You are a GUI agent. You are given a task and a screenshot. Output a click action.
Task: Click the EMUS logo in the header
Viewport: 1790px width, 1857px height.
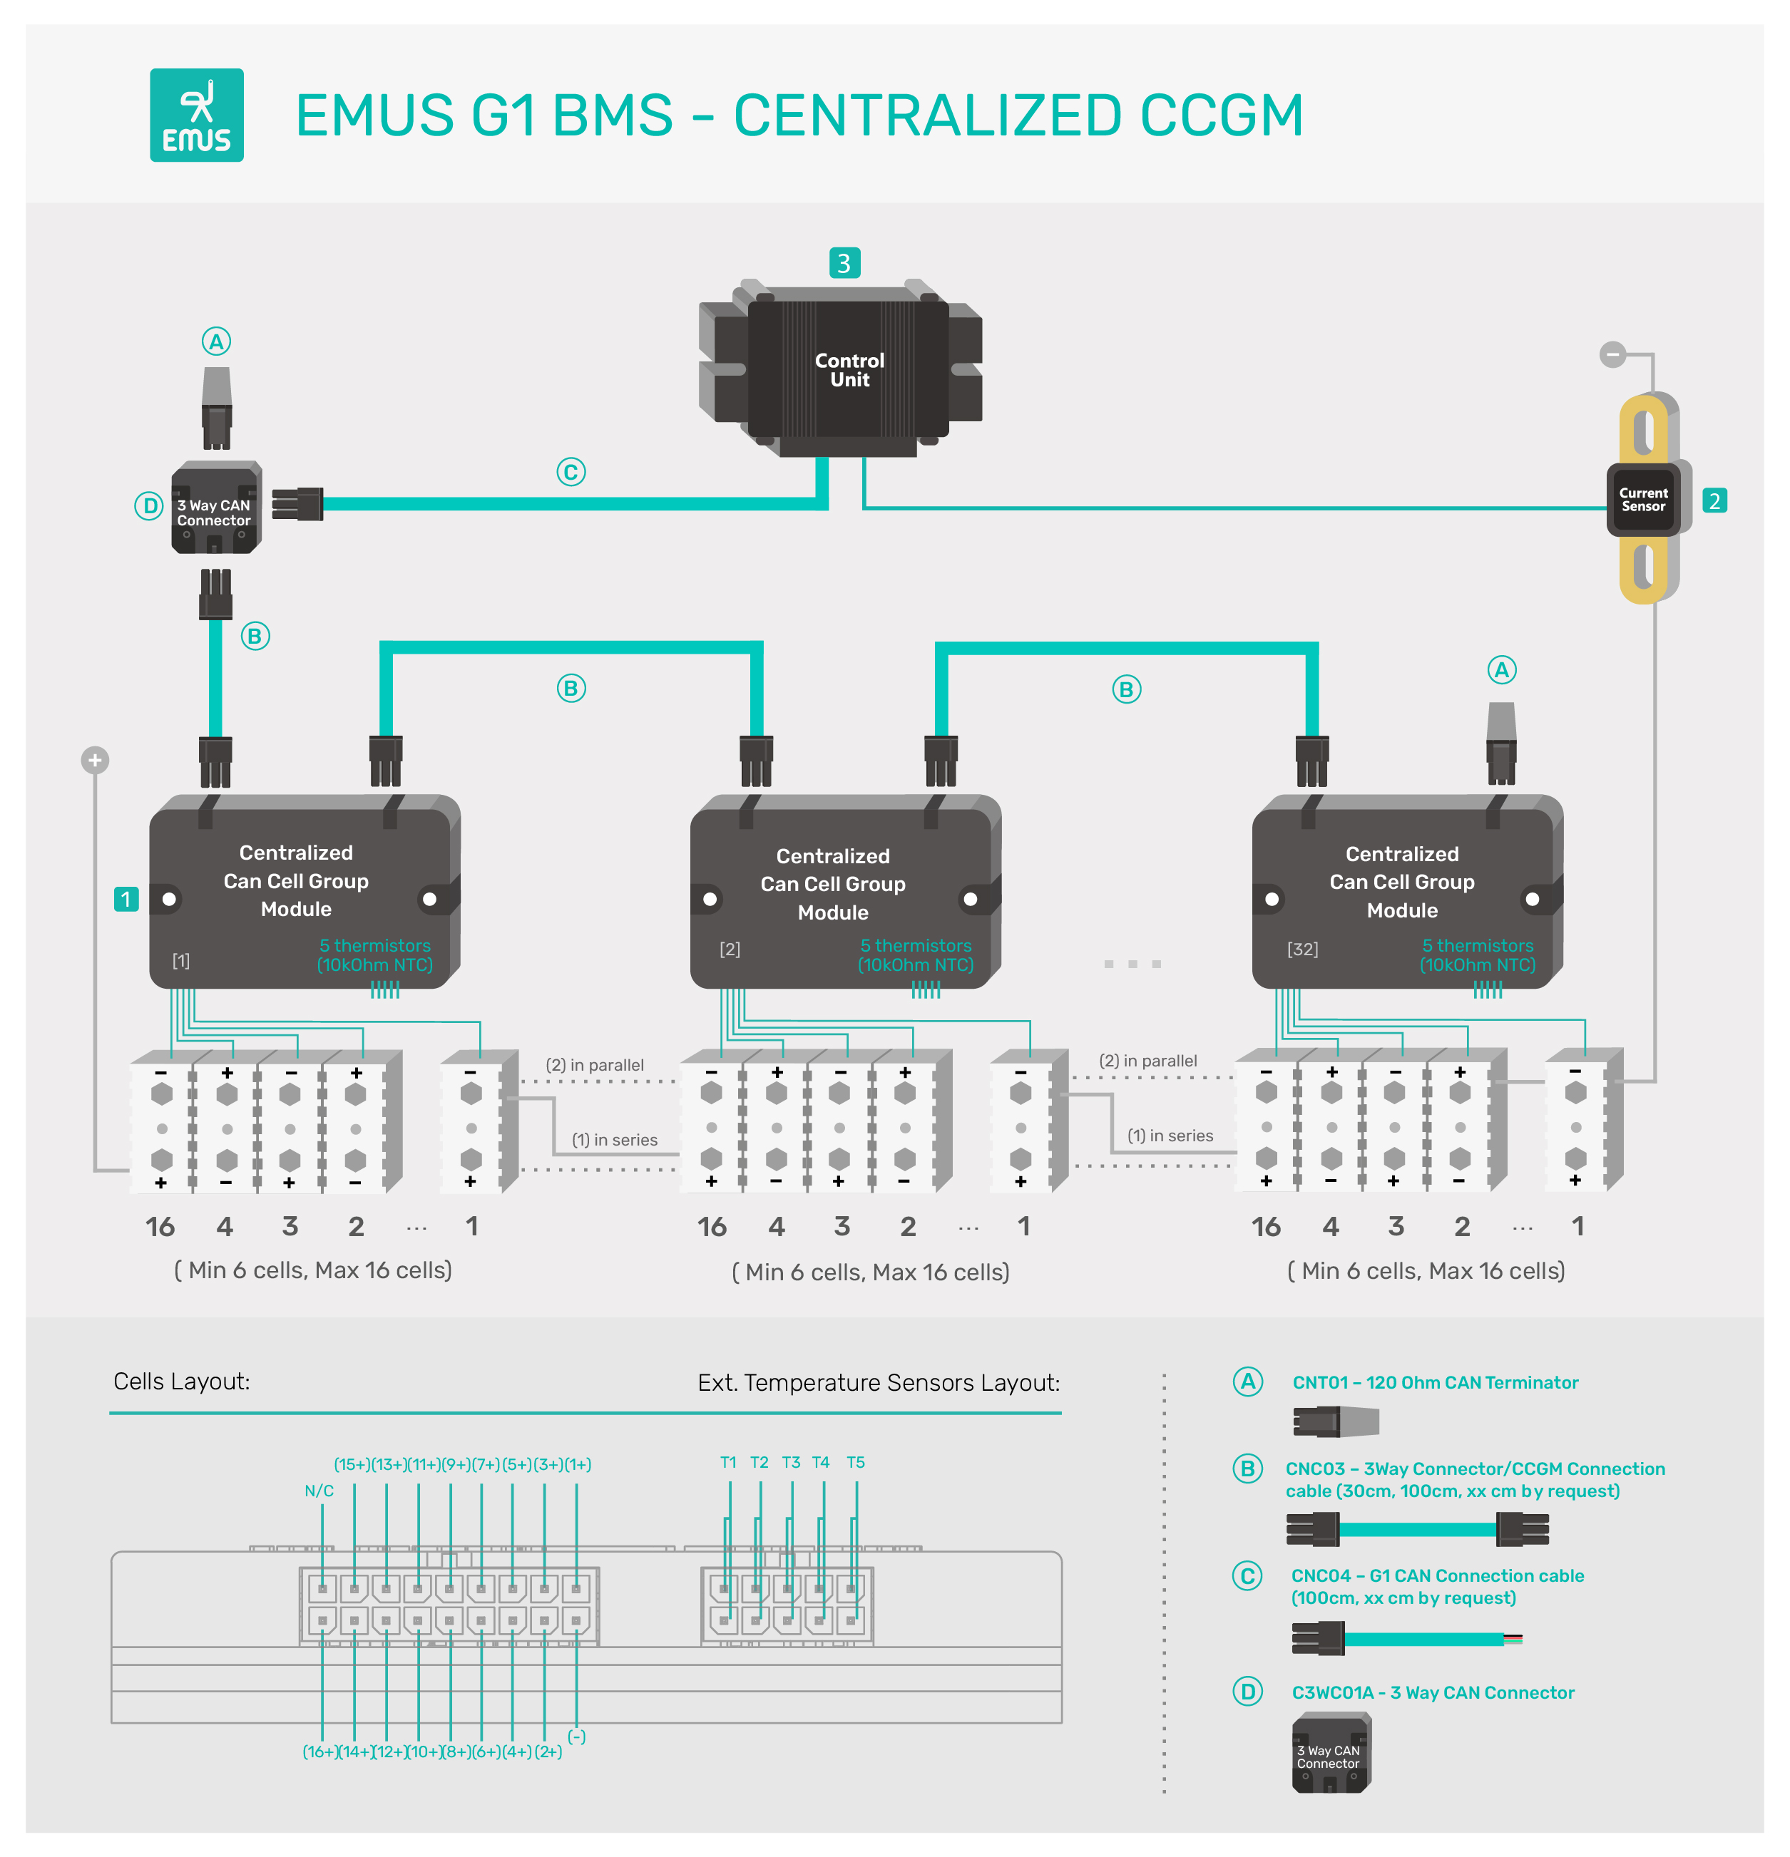[196, 115]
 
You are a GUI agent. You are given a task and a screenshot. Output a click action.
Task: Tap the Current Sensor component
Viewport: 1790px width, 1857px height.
[1642, 499]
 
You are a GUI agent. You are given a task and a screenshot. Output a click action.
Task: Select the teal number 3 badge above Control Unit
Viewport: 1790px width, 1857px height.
[844, 262]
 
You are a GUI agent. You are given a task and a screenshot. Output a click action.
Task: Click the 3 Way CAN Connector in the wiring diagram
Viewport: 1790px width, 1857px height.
[215, 509]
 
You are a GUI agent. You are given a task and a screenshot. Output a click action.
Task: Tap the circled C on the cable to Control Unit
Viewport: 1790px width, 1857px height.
[571, 471]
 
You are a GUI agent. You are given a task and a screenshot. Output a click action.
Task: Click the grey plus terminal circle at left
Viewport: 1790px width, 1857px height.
[95, 760]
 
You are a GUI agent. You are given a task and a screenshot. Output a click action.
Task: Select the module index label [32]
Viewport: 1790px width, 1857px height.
[1302, 948]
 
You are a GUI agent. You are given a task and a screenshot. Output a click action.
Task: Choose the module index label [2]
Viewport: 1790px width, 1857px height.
[729, 948]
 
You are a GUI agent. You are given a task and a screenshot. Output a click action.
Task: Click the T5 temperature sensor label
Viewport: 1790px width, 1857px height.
[855, 1462]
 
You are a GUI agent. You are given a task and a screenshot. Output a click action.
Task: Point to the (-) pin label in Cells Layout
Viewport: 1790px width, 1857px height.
[576, 1736]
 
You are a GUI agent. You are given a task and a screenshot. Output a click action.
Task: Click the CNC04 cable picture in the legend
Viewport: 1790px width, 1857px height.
[1406, 1638]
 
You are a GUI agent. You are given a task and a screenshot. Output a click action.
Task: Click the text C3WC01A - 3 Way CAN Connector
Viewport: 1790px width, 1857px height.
[1432, 1692]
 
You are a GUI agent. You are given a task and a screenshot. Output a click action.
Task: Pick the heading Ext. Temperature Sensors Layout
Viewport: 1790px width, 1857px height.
[879, 1382]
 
